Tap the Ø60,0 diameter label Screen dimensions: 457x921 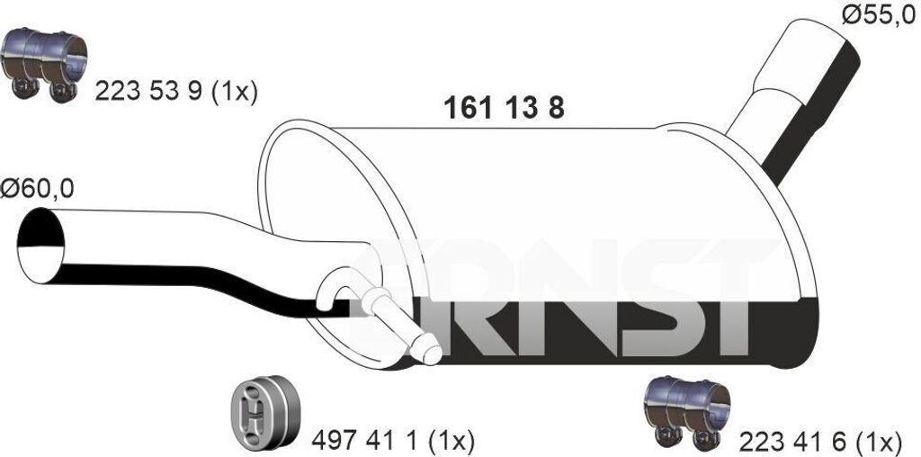coord(37,190)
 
